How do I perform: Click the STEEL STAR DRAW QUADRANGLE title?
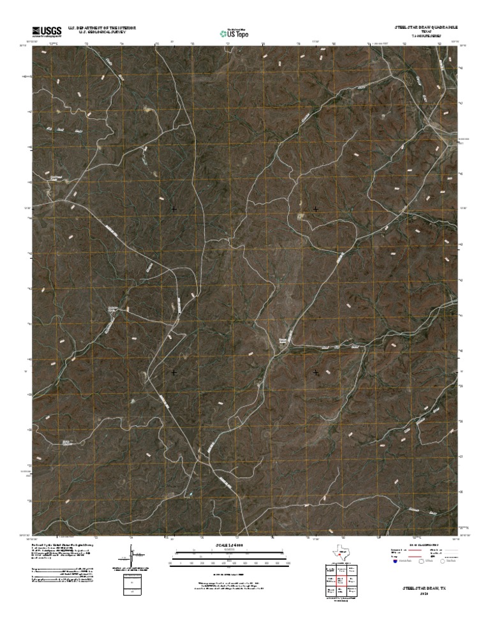pos(426,27)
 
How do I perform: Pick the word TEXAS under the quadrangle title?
pos(426,32)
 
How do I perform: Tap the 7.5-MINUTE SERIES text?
pos(426,36)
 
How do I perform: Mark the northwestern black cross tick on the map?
pos(174,209)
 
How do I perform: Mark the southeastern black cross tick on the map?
pos(316,372)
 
